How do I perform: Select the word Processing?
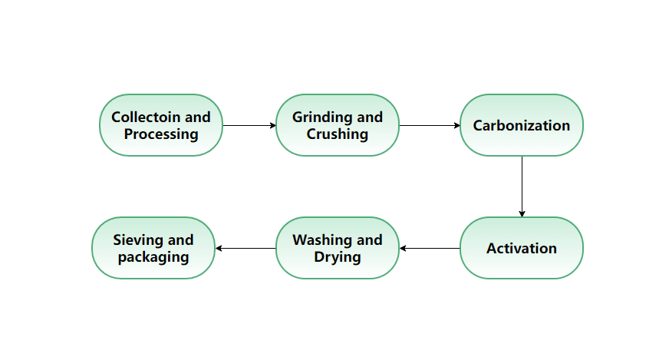(x=161, y=134)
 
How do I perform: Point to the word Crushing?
(x=337, y=134)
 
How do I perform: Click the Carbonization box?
(x=522, y=125)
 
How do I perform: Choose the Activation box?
(x=522, y=248)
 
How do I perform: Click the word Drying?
(x=337, y=257)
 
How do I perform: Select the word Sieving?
(x=138, y=240)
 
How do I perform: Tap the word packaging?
(x=153, y=257)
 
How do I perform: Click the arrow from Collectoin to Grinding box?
(x=249, y=125)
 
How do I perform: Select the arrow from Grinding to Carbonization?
(x=430, y=125)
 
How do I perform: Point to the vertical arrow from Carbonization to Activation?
(x=522, y=187)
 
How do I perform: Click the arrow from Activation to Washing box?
(x=430, y=248)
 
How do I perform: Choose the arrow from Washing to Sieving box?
(x=245, y=248)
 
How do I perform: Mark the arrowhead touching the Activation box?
(x=522, y=214)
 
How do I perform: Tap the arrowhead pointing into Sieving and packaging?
(x=218, y=248)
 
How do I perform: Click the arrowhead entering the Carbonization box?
(x=457, y=125)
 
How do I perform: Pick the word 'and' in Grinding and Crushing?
(x=370, y=117)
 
